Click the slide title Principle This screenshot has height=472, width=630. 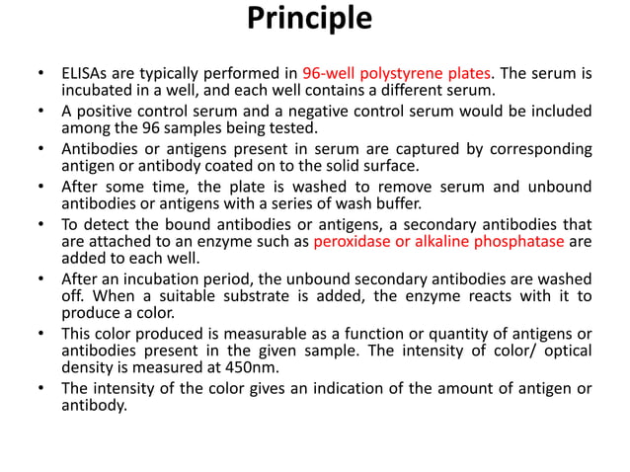(x=309, y=19)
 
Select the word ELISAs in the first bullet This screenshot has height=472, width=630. (x=85, y=73)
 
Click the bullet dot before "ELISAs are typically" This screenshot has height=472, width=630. (x=40, y=74)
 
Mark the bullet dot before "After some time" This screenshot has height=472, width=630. (x=40, y=185)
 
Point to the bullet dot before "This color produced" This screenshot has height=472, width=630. (x=40, y=333)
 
